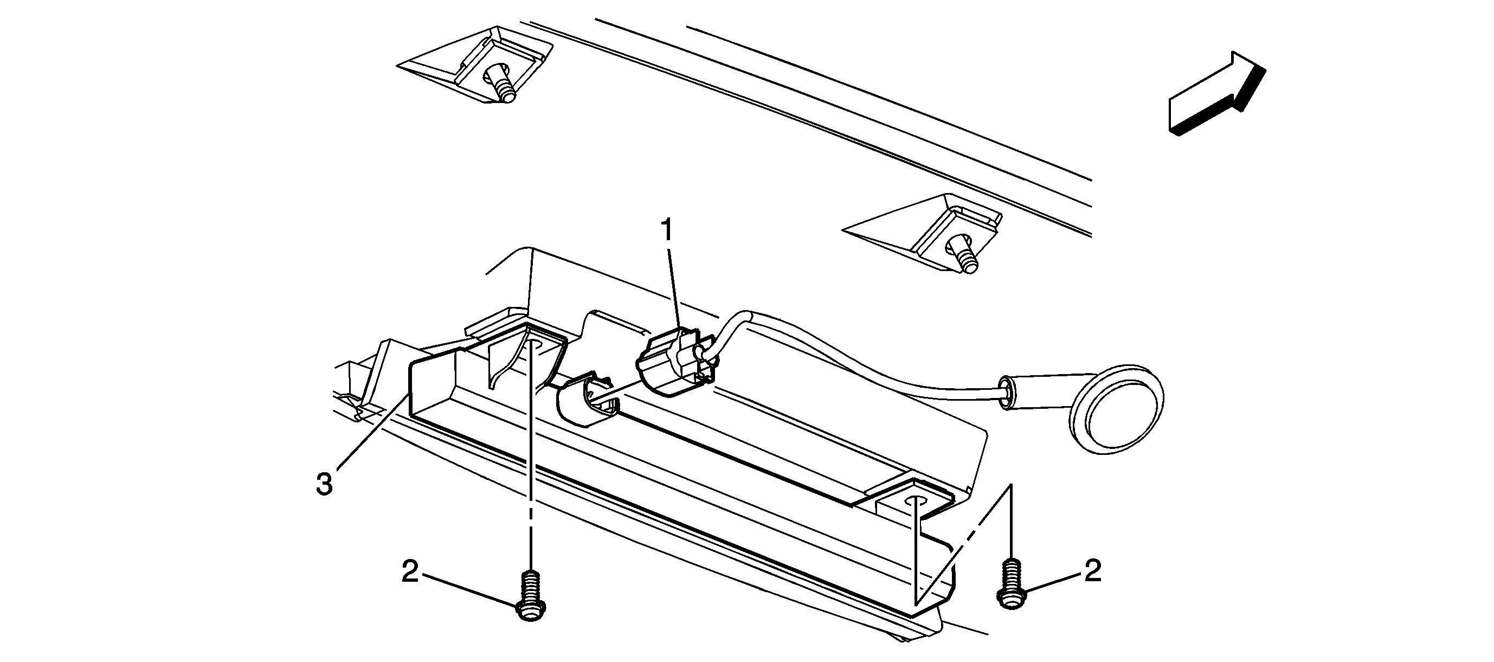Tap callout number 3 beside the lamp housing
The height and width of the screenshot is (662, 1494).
pyautogui.click(x=324, y=485)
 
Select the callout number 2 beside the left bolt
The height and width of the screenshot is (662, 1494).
pyautogui.click(x=410, y=573)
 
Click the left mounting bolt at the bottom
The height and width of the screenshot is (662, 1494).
pyautogui.click(x=530, y=597)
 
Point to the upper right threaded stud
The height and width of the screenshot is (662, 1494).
pyautogui.click(x=963, y=253)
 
